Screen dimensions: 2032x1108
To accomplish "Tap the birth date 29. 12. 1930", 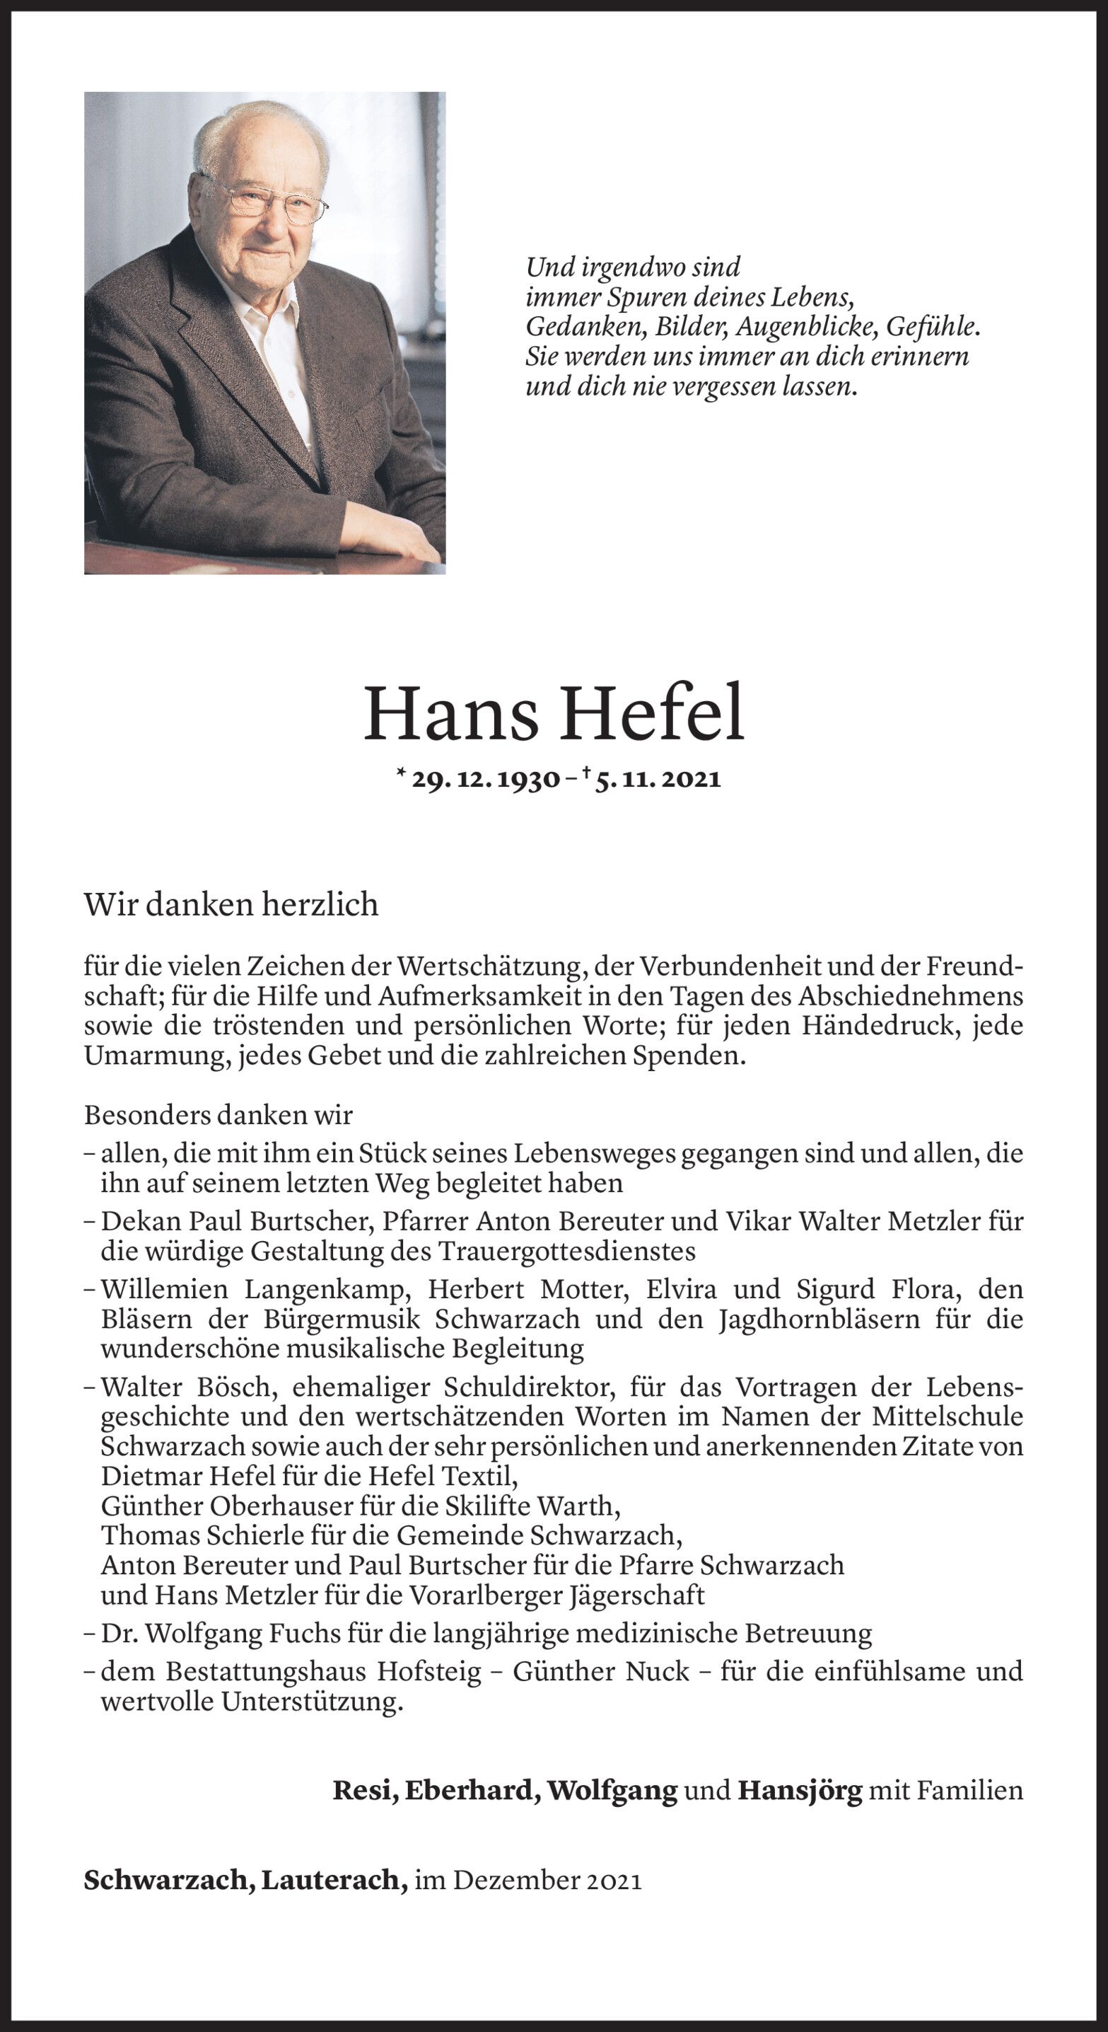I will click(484, 780).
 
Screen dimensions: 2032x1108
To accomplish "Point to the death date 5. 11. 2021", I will click(658, 780).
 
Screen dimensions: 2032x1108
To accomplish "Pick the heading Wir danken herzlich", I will click(231, 905).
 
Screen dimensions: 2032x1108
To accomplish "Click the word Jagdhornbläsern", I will click(819, 1319).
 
